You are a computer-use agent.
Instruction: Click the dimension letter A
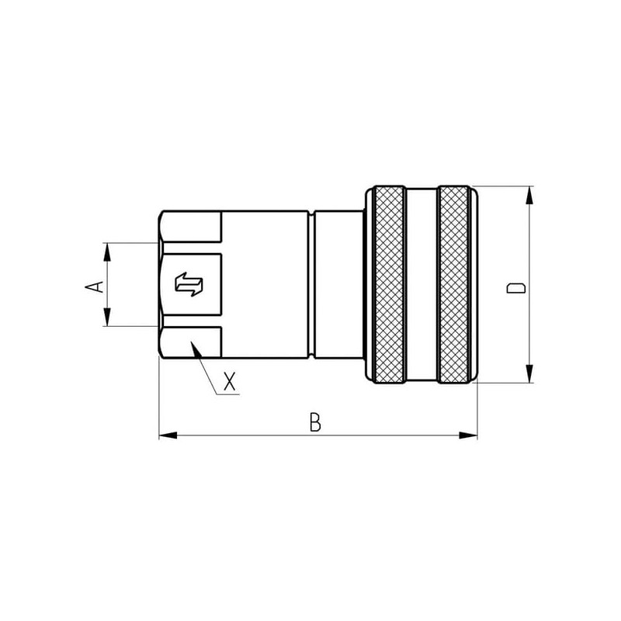point(94,286)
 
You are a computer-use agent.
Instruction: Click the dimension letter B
point(315,422)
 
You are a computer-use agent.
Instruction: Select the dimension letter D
point(516,288)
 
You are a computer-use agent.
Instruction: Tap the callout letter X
point(230,381)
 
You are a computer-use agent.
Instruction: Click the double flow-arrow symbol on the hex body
point(189,284)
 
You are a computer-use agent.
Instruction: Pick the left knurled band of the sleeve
point(389,284)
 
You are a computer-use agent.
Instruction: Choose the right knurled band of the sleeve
point(454,284)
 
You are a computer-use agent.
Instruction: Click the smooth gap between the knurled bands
point(422,284)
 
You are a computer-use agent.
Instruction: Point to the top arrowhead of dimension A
point(107,252)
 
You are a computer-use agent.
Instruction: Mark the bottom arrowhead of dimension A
point(107,317)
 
